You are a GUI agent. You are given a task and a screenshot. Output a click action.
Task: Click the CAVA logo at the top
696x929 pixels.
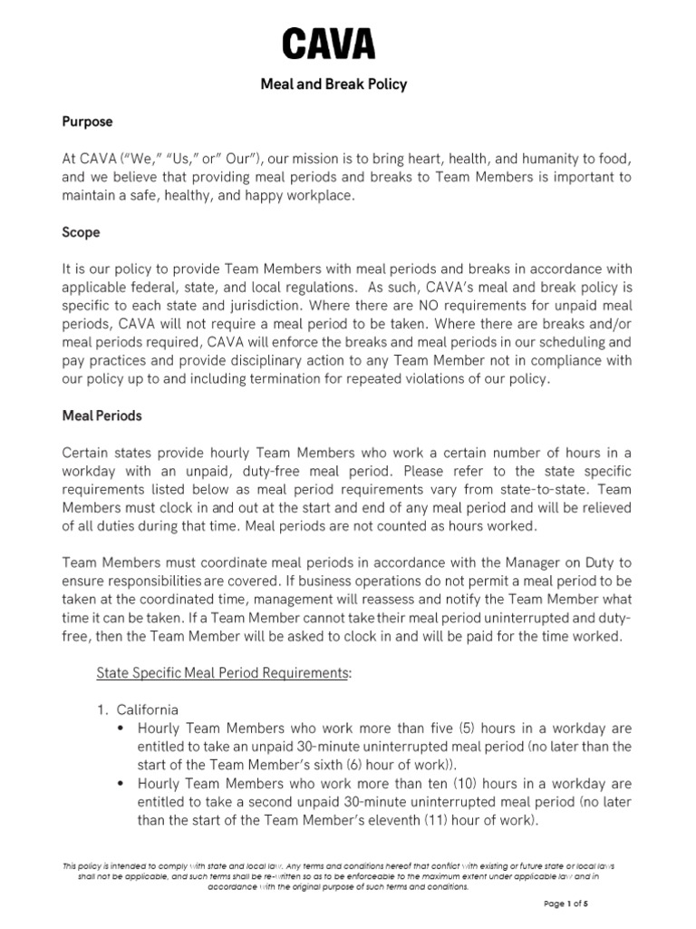329,44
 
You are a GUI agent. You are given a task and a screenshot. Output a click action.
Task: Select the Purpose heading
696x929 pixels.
87,121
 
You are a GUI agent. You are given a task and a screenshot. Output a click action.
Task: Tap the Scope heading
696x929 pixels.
81,232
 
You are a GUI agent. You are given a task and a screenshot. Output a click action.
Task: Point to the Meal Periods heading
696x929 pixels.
102,416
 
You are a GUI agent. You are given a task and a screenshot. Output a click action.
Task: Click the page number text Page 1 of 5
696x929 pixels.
566,904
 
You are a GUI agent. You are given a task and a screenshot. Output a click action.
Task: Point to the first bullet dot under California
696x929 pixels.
121,729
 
